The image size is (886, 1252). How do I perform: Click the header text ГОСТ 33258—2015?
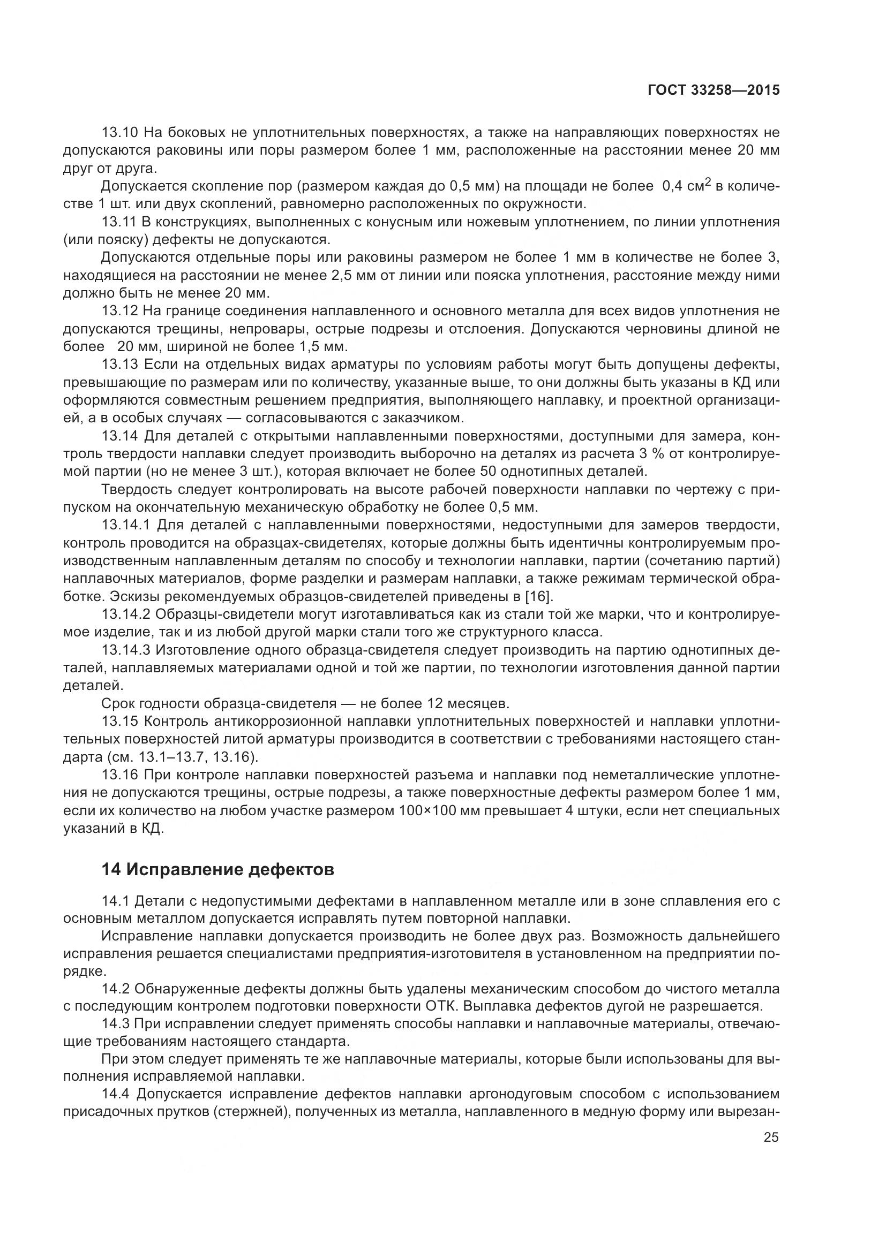714,90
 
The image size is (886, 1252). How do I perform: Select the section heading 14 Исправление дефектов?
217,870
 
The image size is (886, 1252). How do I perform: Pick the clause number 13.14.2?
126,614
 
